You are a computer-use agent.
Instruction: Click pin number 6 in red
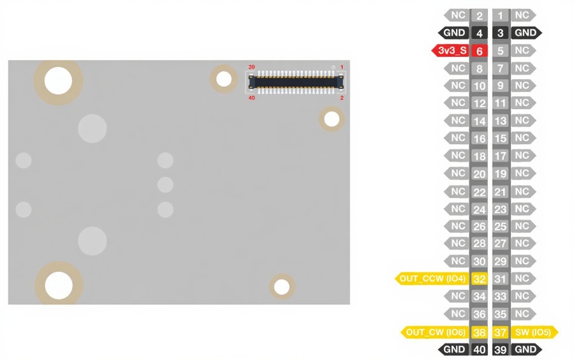coord(480,50)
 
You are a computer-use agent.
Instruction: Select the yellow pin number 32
coord(480,278)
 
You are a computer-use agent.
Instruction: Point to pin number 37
coord(501,332)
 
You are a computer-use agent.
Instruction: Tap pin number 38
coord(480,332)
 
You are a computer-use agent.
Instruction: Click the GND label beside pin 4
coord(455,33)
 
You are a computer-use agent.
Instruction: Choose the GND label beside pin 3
coord(526,33)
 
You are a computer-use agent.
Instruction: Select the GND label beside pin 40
coord(455,349)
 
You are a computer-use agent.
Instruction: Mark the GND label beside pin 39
coord(526,349)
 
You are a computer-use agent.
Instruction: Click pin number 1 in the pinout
coord(501,15)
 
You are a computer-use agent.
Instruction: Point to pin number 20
coord(480,174)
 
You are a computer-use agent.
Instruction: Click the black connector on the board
coord(297,81)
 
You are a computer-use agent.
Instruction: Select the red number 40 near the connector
coord(251,98)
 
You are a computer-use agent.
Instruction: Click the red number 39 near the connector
coord(251,67)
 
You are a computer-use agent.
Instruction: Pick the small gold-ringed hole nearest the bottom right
coord(281,287)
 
